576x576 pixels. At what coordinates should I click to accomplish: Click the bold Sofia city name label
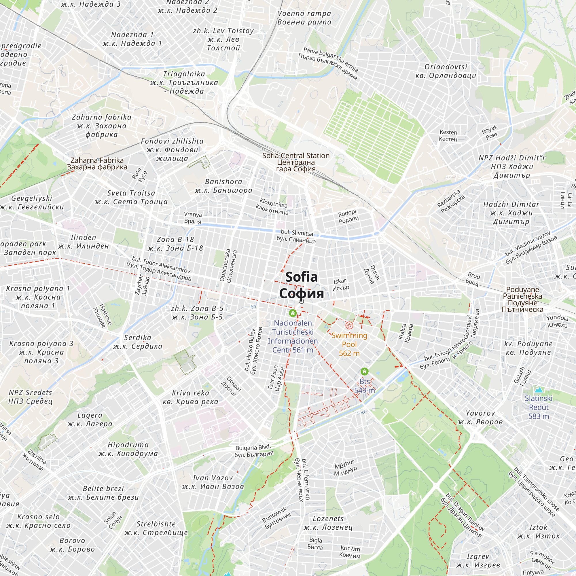tap(302, 285)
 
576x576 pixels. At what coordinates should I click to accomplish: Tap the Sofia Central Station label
tap(296, 162)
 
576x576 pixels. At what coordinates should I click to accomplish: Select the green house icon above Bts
tap(364, 372)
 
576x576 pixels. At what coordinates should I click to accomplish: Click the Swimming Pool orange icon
tap(349, 325)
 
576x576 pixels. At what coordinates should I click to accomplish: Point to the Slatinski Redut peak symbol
tap(539, 390)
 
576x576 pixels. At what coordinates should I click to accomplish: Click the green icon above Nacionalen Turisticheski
tap(293, 313)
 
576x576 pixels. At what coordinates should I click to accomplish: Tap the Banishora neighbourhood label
tap(223, 186)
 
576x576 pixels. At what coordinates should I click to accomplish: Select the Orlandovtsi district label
tap(446, 71)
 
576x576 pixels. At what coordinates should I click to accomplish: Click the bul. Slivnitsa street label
tap(296, 236)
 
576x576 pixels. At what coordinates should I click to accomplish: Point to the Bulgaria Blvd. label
tap(254, 451)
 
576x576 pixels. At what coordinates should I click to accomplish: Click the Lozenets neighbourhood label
tap(328, 523)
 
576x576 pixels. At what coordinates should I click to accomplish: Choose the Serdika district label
tap(138, 342)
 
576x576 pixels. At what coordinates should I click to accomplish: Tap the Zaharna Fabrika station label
tap(97, 163)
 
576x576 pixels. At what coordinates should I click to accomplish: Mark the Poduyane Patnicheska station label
tap(522, 299)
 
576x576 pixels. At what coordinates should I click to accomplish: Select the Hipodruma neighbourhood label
tap(128, 449)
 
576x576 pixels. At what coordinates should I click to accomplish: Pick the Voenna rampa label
tap(304, 18)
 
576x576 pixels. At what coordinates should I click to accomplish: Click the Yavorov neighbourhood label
tap(480, 417)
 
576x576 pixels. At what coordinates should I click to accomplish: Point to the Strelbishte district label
tap(156, 528)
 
